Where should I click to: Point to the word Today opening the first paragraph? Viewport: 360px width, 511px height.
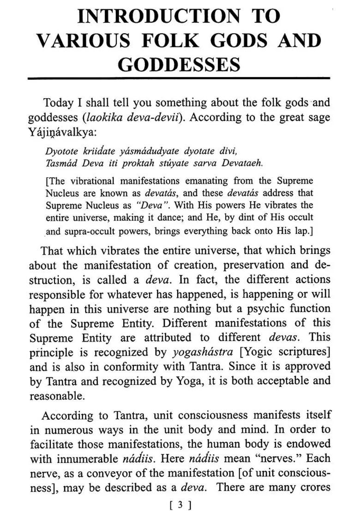click(59, 102)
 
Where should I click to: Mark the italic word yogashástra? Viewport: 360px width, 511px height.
click(205, 353)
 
